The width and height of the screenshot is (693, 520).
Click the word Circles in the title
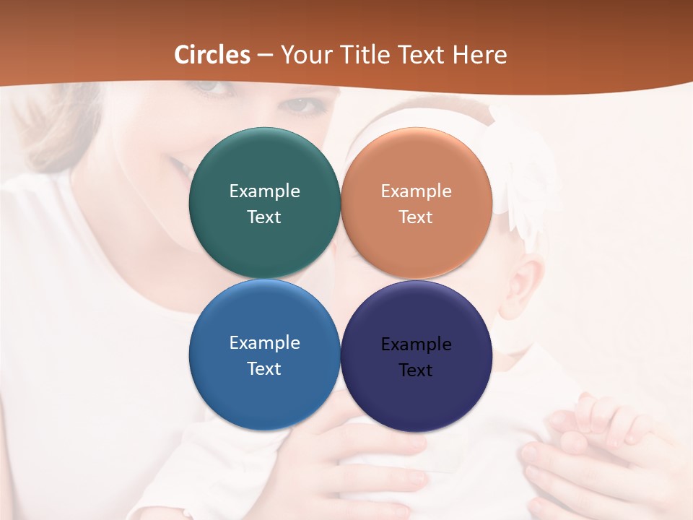[212, 55]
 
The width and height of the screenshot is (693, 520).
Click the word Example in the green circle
[264, 191]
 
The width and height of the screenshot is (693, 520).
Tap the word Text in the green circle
[264, 217]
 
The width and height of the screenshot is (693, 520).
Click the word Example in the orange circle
[416, 191]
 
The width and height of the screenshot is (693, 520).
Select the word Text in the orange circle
[416, 217]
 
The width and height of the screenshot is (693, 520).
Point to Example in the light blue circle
[264, 342]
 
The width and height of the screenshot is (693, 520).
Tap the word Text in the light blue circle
[264, 368]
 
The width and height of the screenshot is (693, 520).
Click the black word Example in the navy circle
[416, 344]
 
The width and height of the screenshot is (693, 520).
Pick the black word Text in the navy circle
[416, 370]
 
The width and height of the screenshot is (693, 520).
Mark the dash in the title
[265, 56]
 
